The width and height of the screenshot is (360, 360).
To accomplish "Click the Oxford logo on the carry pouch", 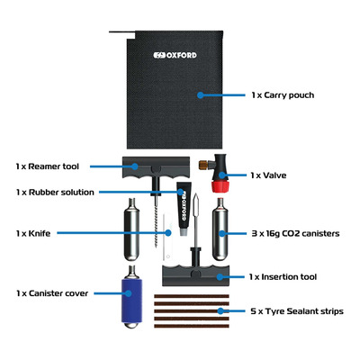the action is coord(175,55).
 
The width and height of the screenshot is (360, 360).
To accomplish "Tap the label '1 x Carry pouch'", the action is coord(283,95).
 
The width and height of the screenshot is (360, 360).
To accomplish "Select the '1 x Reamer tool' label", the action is coord(48,166).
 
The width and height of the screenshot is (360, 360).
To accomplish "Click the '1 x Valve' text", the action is coord(268,175).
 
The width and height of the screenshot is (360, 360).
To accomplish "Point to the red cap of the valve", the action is coord(220,186).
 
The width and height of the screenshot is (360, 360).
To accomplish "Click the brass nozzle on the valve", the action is coord(202,165).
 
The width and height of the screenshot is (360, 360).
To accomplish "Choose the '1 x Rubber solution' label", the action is coord(55,192).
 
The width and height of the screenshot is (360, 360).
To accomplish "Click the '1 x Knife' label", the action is coord(33,233).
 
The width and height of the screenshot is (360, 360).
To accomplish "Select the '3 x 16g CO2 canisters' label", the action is coord(295,233).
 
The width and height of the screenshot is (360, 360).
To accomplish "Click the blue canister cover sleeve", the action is coord(131,301).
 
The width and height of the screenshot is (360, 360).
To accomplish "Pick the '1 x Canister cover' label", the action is coord(52,293).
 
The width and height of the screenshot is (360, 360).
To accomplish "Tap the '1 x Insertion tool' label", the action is coord(283,276).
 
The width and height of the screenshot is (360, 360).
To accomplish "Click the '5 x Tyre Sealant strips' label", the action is coord(297,311).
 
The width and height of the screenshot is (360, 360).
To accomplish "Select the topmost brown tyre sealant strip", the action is coord(192,296).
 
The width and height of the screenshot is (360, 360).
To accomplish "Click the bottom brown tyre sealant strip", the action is coord(192,326).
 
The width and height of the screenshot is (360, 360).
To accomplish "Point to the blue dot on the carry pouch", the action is coord(201,95).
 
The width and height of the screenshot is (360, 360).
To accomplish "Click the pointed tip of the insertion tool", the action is coord(196,194).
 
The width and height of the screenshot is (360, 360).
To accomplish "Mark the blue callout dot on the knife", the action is coord(168,233).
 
